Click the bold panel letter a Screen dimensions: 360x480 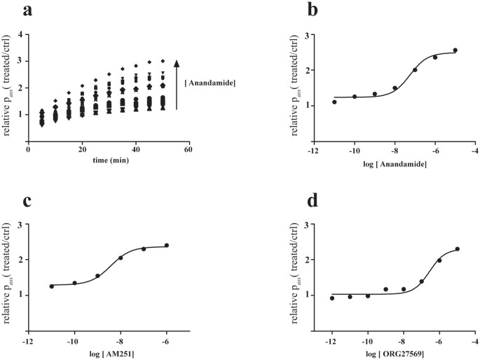[27, 10]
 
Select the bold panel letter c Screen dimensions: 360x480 [27, 202]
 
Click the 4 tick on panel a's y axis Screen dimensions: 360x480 [22, 34]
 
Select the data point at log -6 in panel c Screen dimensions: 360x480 [167, 245]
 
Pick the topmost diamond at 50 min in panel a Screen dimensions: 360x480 [163, 61]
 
